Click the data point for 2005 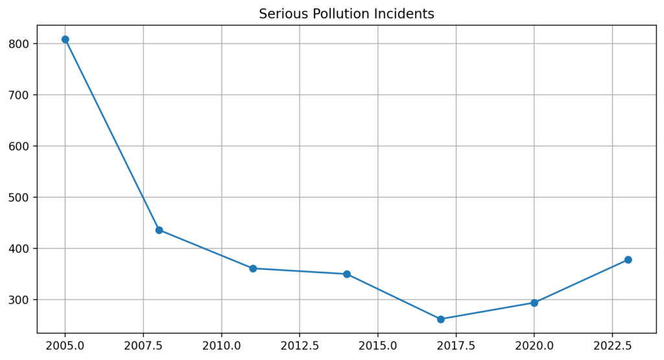tap(65, 40)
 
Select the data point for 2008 tap(159, 230)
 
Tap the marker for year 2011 tap(253, 269)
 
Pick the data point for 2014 tap(347, 274)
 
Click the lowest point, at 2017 tap(441, 319)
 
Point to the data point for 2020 tap(534, 303)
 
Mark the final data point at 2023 tap(628, 260)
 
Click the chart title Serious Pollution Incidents tap(346, 14)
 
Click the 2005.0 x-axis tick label tap(65, 344)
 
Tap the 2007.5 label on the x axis tap(143, 344)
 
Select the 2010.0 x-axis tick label tap(222, 344)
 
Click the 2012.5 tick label tap(300, 344)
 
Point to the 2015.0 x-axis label tap(378, 344)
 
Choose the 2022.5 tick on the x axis tap(612, 344)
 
